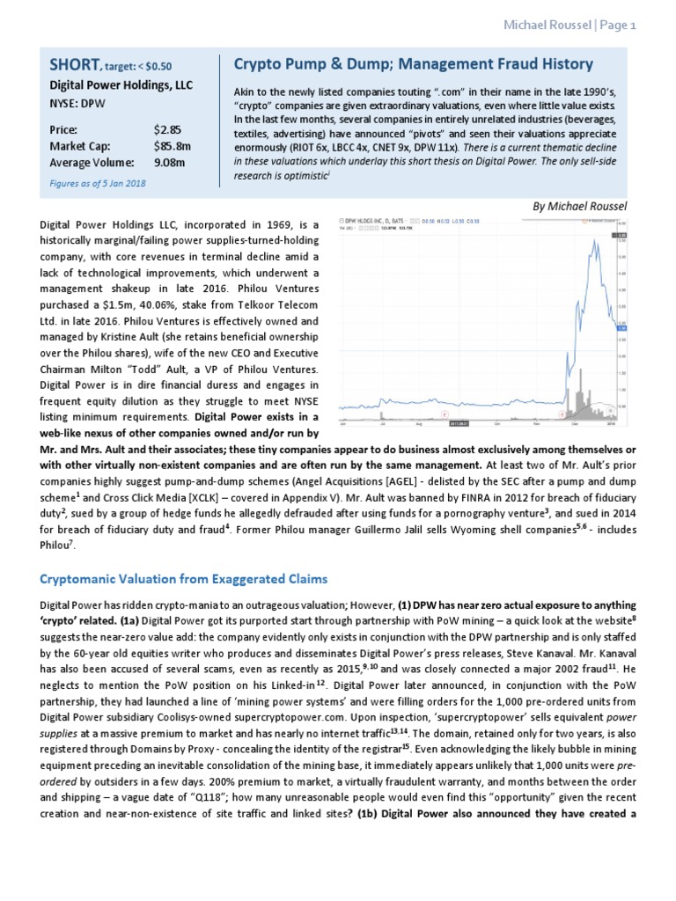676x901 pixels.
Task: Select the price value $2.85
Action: click(x=166, y=129)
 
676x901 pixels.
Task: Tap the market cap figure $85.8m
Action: click(x=171, y=146)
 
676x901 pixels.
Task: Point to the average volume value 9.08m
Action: click(x=168, y=162)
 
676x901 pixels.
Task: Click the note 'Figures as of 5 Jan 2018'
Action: click(x=99, y=183)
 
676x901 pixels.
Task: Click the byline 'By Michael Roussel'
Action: click(x=580, y=206)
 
